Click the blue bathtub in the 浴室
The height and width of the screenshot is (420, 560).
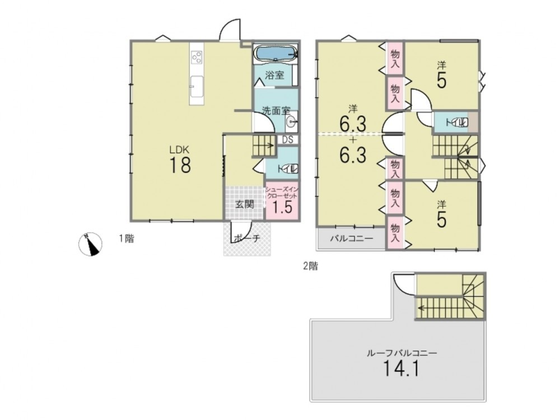click(274, 54)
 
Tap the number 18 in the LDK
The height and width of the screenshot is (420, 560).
click(180, 165)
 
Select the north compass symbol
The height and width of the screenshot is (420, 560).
click(90, 244)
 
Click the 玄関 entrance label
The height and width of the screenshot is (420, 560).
click(245, 204)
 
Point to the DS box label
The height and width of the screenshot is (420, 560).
click(287, 139)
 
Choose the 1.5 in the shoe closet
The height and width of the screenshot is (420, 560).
click(282, 207)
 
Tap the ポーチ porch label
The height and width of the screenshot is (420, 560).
click(247, 238)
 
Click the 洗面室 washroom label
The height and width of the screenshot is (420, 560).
click(277, 111)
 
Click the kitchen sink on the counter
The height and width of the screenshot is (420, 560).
click(197, 86)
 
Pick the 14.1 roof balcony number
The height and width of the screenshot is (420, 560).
click(401, 368)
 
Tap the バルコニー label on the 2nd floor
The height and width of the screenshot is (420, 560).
click(352, 238)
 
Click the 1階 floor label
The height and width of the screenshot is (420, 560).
click(127, 239)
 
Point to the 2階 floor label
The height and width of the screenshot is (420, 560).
click(310, 266)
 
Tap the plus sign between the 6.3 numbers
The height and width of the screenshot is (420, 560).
click(353, 141)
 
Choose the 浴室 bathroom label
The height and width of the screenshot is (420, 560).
click(274, 76)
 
